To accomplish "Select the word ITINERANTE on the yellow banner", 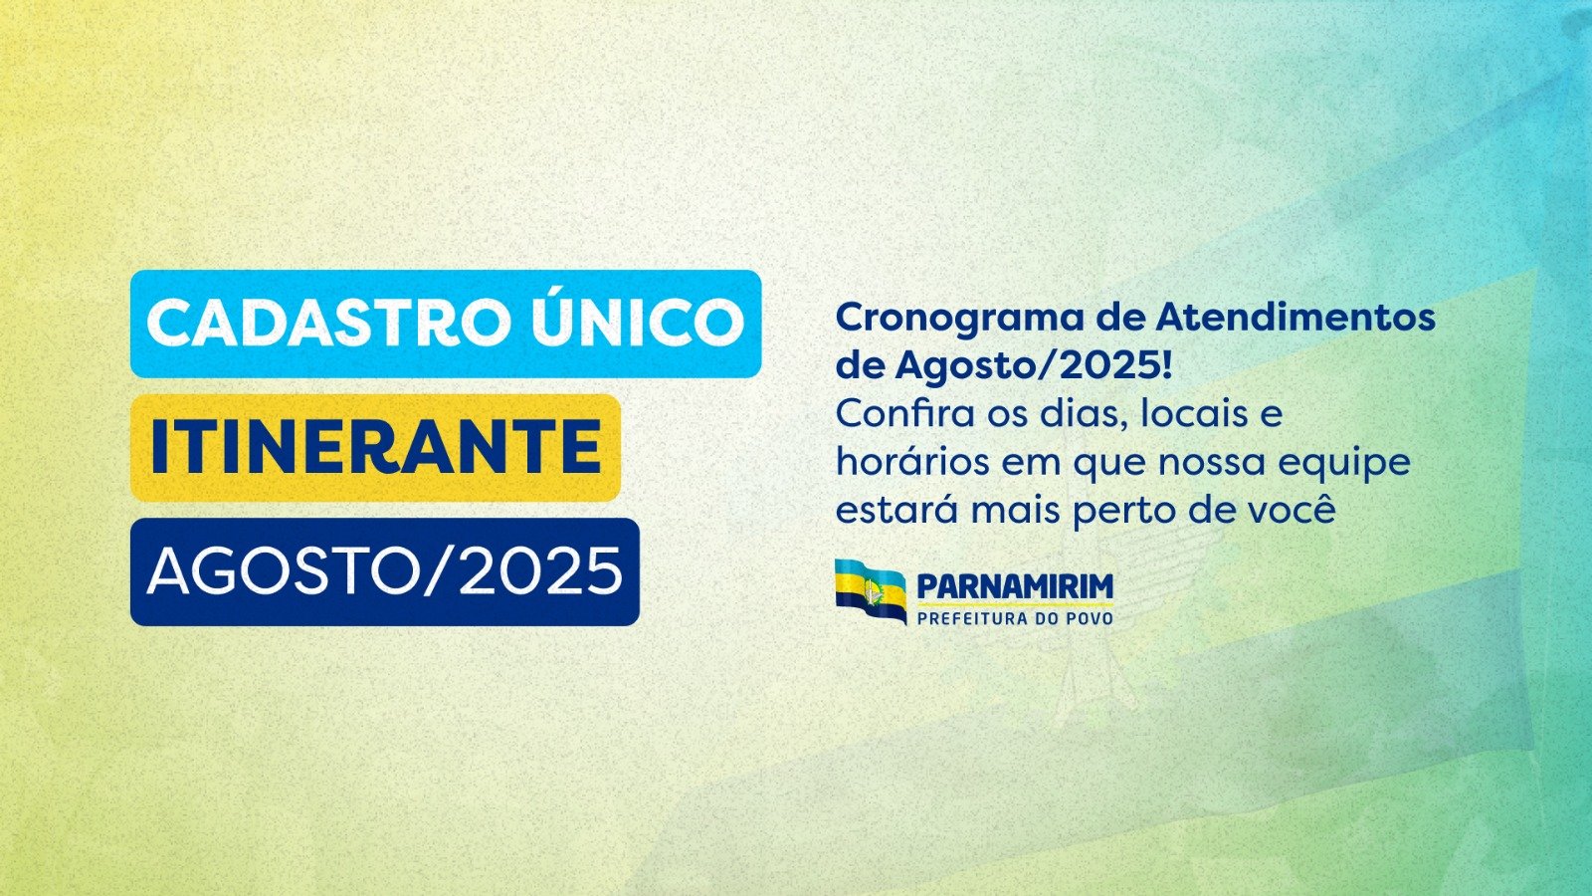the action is pos(376,447).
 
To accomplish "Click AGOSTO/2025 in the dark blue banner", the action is pos(384,571).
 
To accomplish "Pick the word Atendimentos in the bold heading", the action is pos(1294,318).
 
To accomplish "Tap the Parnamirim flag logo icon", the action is pos(871,591).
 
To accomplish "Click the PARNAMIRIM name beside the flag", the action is pos(1015,587).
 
